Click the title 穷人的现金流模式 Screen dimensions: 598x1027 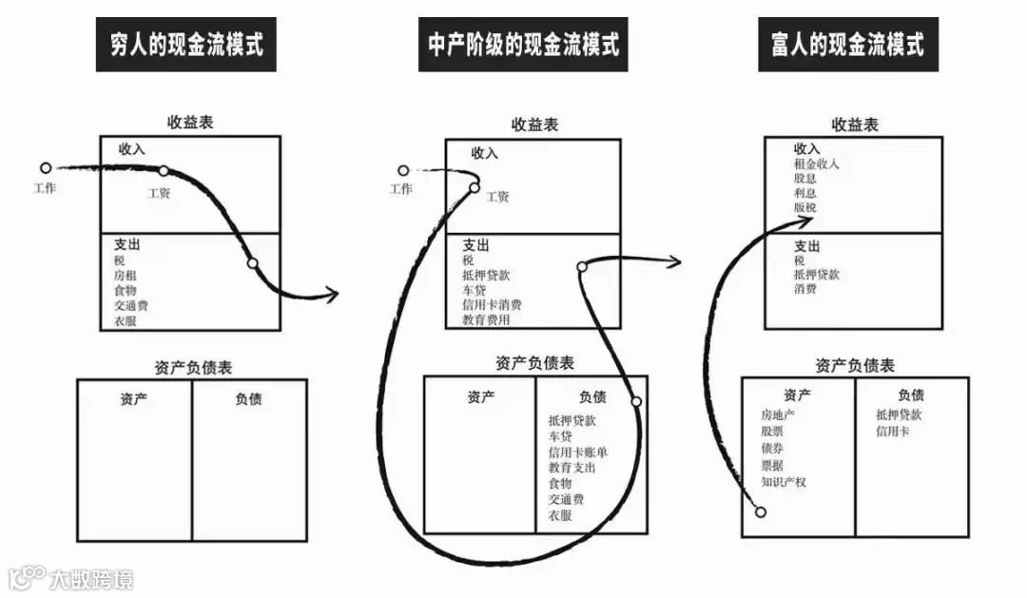pyautogui.click(x=186, y=45)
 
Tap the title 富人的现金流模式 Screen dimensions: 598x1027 pyautogui.click(x=847, y=45)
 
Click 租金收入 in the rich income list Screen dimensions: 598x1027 pyautogui.click(x=816, y=164)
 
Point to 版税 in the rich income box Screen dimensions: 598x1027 pyautogui.click(x=804, y=206)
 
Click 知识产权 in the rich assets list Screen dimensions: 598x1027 pyautogui.click(x=784, y=482)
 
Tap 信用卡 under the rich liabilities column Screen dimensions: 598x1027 pyautogui.click(x=893, y=432)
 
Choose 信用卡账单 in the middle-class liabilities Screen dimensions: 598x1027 pyautogui.click(x=578, y=452)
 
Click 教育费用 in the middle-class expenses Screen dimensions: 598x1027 pyautogui.click(x=486, y=320)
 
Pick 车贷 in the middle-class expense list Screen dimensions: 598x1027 pyautogui.click(x=475, y=290)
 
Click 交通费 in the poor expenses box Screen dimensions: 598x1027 pyautogui.click(x=131, y=305)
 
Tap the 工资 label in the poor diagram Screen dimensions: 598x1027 pyautogui.click(x=159, y=193)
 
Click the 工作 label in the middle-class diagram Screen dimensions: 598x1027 pyautogui.click(x=401, y=188)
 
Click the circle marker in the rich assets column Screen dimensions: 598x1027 pyautogui.click(x=760, y=512)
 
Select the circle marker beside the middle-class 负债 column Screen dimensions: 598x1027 pyautogui.click(x=636, y=401)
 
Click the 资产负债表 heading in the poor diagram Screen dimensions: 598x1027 pyautogui.click(x=192, y=366)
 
